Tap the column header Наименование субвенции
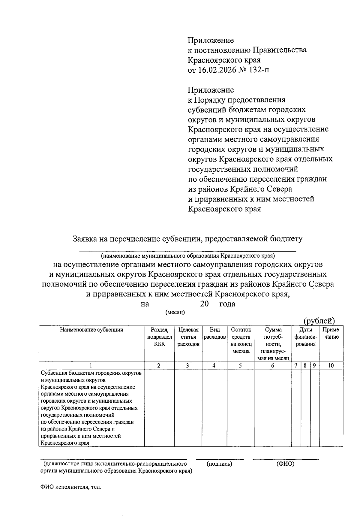click(x=91, y=330)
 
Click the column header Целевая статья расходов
click(x=188, y=337)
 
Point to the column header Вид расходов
click(x=214, y=333)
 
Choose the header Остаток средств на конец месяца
click(x=241, y=340)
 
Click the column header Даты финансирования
click(x=305, y=337)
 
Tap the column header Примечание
click(x=331, y=333)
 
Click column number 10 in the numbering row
click(x=331, y=366)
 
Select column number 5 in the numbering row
click(x=241, y=366)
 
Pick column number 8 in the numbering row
click(x=305, y=366)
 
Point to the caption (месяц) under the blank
click(x=175, y=312)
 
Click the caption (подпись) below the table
click(x=219, y=464)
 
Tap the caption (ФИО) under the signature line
click(x=285, y=464)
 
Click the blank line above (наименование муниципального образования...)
click(x=187, y=251)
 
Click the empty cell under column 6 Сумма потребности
click(x=273, y=407)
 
